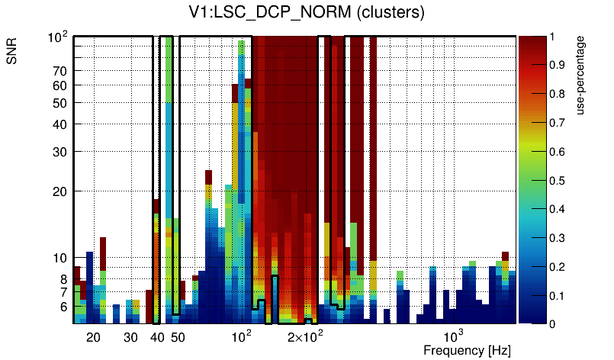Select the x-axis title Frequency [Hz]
[467, 350]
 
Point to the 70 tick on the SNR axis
[60, 71]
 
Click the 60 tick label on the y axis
[60, 85]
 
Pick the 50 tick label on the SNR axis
[60, 103]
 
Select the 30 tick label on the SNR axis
[60, 152]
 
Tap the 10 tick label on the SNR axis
[60, 258]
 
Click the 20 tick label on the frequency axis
[94, 337]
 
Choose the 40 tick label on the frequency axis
[157, 337]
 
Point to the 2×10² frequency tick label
[305, 336]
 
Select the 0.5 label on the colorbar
[558, 181]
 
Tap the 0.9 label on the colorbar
[558, 66]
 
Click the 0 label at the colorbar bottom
[552, 324]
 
